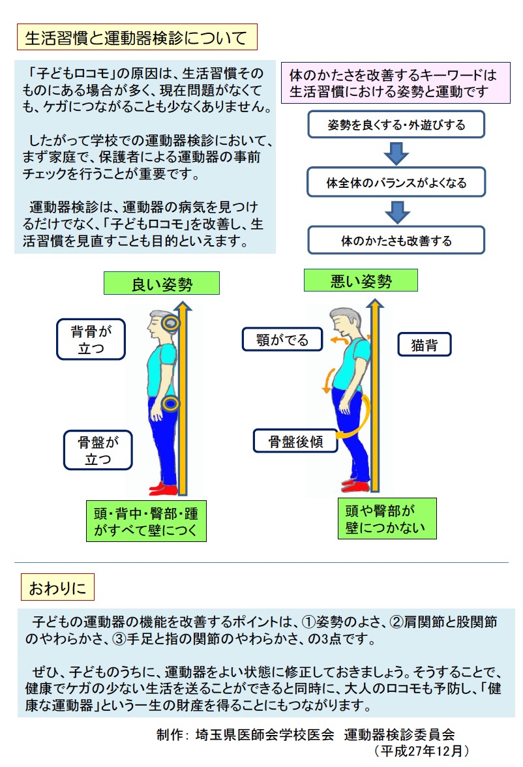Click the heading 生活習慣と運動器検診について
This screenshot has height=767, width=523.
click(x=136, y=38)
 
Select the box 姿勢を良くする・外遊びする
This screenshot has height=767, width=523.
click(x=396, y=125)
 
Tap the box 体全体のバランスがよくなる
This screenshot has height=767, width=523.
click(x=396, y=183)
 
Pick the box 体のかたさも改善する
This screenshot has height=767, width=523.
click(x=396, y=241)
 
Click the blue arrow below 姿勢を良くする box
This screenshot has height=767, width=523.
click(x=396, y=153)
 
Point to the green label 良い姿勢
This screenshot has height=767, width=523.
click(x=162, y=284)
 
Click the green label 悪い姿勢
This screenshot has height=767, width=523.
click(x=361, y=281)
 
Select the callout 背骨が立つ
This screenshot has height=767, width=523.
click(x=91, y=339)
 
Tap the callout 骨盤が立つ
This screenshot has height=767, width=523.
click(x=97, y=450)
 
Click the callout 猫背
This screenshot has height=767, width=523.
click(x=424, y=344)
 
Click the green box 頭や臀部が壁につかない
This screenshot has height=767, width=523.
click(x=387, y=519)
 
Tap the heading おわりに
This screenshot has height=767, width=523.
click(x=57, y=588)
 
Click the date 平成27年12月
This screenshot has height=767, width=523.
click(x=421, y=750)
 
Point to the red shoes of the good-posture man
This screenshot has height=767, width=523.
click(x=163, y=488)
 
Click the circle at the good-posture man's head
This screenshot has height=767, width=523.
click(x=171, y=323)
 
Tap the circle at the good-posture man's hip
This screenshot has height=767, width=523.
click(x=171, y=404)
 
